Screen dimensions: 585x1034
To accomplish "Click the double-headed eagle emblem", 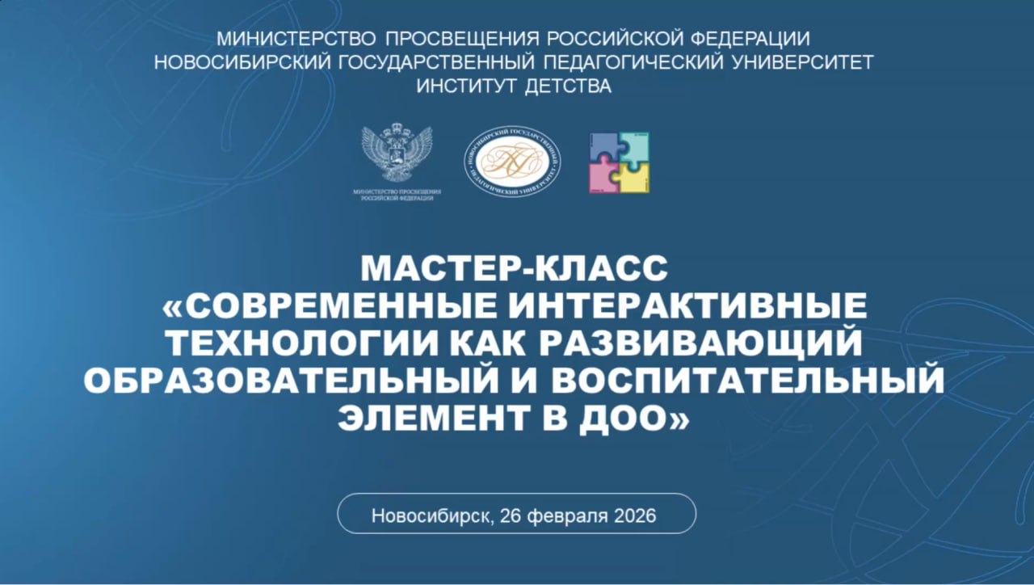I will pyautogui.click(x=396, y=154).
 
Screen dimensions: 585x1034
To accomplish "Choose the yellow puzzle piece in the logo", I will pyautogui.click(x=635, y=178).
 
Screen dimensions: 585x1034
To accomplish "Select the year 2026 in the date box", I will pyautogui.click(x=633, y=516).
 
